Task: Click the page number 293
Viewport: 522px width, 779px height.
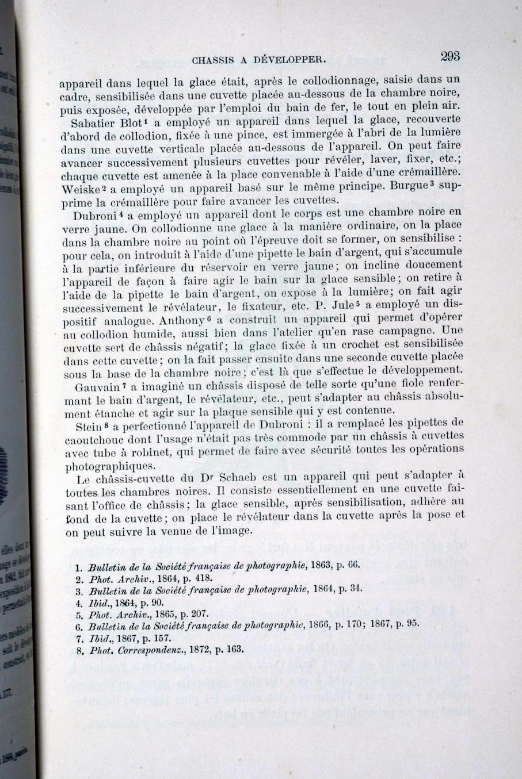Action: click(x=449, y=56)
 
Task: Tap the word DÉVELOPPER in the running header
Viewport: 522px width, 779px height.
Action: click(x=294, y=58)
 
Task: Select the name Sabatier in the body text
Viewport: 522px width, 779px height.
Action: click(x=94, y=124)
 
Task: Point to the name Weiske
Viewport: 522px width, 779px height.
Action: click(x=79, y=189)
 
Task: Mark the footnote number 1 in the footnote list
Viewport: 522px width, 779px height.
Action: click(x=78, y=566)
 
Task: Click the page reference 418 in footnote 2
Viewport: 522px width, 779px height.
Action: click(x=205, y=578)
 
